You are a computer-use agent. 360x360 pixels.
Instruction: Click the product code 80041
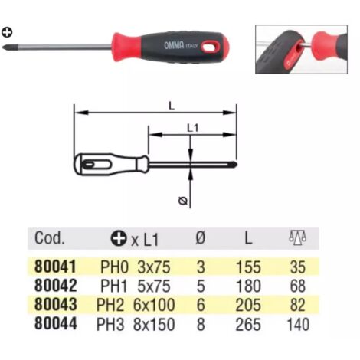coord(55,267)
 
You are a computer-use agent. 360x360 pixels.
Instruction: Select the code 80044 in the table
coord(56,324)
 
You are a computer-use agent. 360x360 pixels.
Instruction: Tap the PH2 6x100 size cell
coord(136,305)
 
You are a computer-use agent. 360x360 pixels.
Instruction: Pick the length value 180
coord(248,286)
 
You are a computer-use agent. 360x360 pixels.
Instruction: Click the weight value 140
coord(298,324)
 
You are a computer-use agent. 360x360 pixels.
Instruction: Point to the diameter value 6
coord(201,305)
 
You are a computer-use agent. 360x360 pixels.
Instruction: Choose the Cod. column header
coord(50,238)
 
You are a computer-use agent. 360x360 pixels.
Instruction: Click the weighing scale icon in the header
coord(297,237)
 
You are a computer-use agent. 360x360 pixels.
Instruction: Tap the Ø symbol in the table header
coord(201,237)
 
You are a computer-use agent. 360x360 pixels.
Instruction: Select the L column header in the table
coord(248,238)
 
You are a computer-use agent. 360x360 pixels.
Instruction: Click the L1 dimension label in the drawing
coord(193,128)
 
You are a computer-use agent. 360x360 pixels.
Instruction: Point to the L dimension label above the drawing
coord(172,106)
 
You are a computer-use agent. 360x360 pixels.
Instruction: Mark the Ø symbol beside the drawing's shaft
coord(183,201)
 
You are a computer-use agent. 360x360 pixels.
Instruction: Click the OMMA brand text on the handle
coord(174,45)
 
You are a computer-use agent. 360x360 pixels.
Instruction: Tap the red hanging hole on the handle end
coord(211,47)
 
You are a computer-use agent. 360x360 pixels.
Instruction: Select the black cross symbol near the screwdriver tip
coord(7,32)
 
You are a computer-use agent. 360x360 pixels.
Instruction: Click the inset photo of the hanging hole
coord(301,49)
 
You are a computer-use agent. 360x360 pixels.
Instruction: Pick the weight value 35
coord(298,267)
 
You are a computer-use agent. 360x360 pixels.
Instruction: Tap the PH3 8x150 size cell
coord(136,324)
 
